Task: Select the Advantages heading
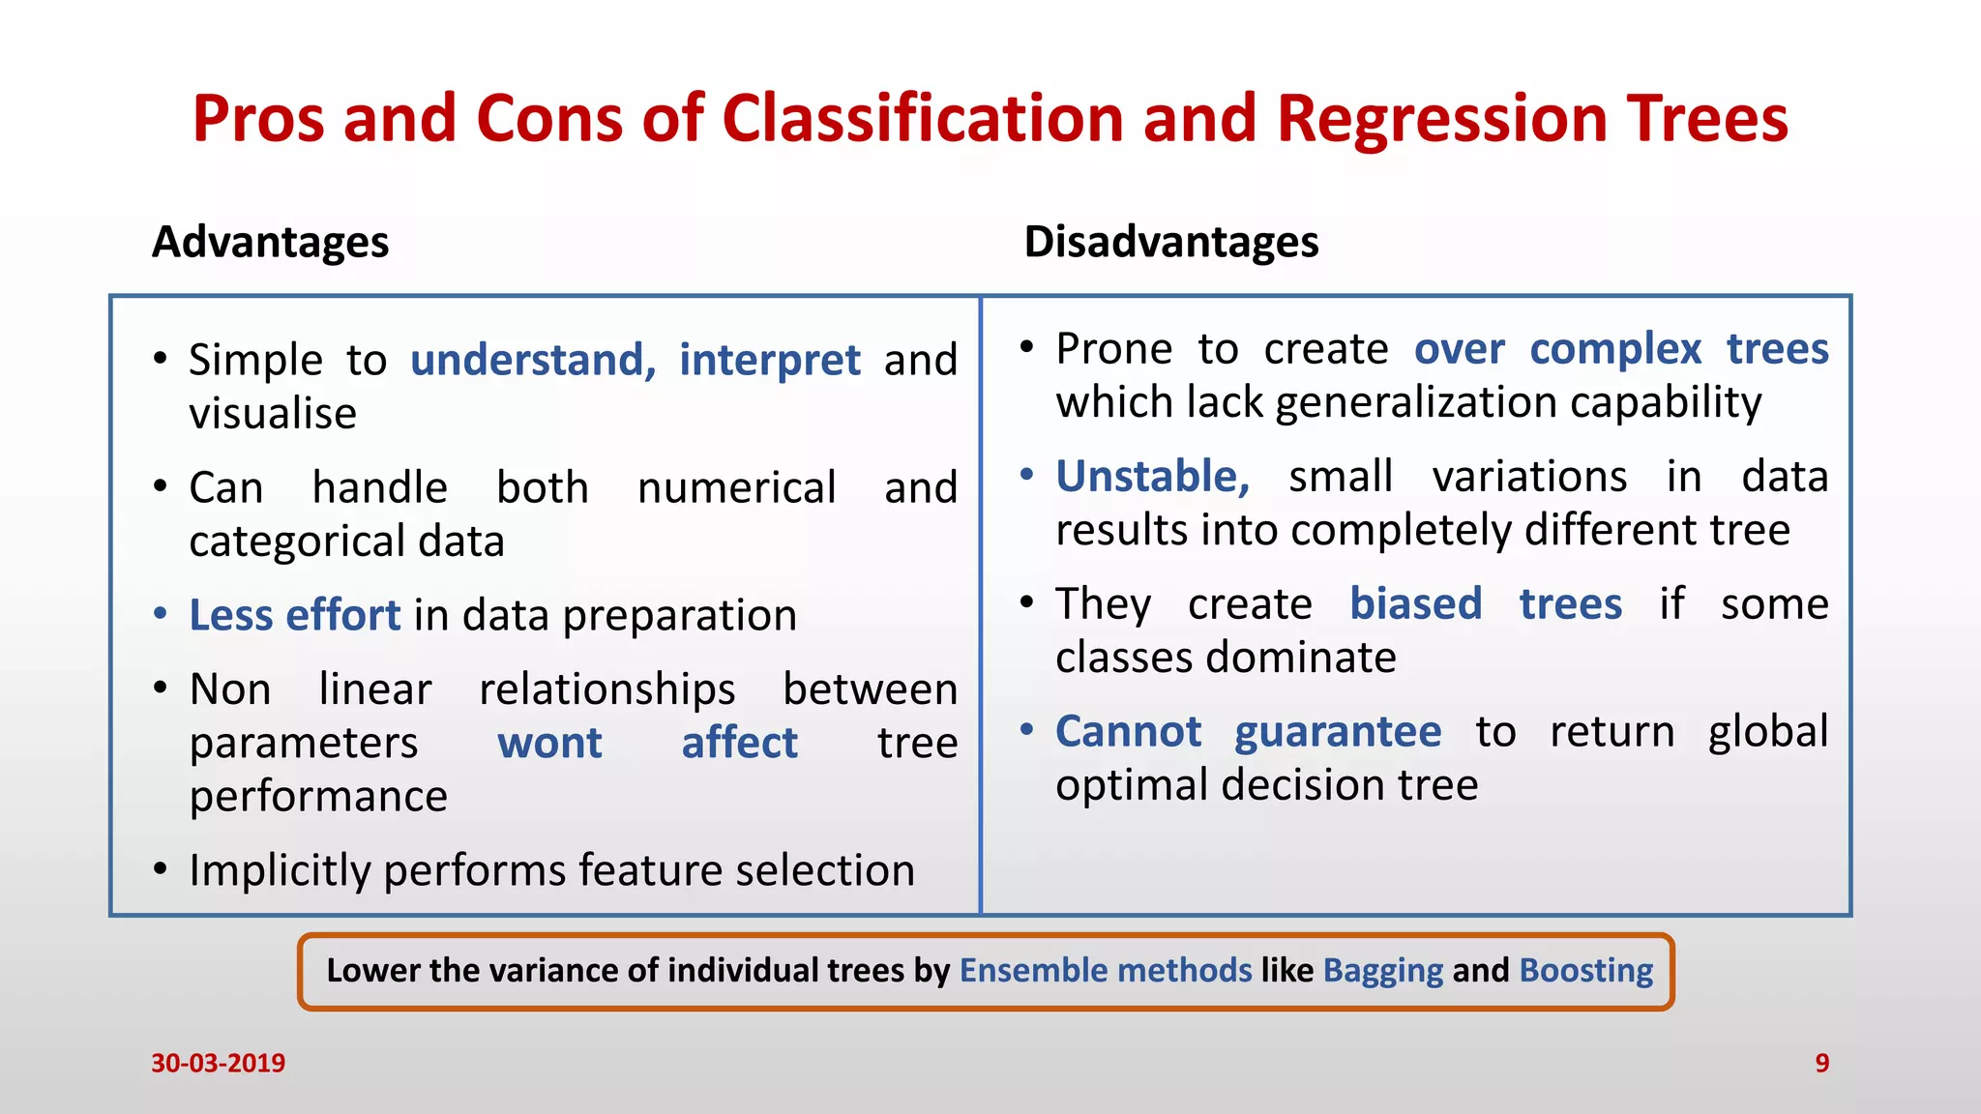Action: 271,242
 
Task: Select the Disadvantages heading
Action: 1171,242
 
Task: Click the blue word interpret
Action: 769,360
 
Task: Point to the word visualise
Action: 273,414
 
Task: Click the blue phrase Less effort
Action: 294,615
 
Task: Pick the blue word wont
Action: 549,743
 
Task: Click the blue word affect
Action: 740,743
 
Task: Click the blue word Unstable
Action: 1151,477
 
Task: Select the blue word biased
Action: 1415,604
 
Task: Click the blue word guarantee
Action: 1338,732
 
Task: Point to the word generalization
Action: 1416,402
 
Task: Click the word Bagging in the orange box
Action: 1382,970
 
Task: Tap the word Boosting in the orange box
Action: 1586,970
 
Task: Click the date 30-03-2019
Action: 218,1063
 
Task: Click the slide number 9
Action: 1821,1063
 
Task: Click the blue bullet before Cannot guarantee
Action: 1026,728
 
